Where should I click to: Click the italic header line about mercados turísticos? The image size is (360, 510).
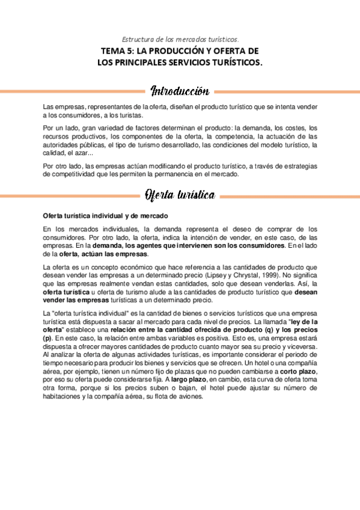coord(180,38)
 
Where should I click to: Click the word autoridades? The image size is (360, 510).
coord(63,145)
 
